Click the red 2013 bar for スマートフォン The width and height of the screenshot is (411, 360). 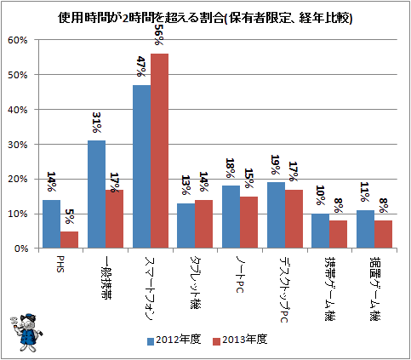point(159,151)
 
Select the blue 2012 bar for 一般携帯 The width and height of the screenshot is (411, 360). point(97,194)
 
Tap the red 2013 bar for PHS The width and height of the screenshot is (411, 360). point(69,240)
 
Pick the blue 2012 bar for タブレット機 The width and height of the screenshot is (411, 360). point(186,226)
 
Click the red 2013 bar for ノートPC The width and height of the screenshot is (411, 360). point(248,222)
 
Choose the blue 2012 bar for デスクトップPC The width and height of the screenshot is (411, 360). point(277,215)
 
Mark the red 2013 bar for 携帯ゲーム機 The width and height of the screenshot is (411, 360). point(338,234)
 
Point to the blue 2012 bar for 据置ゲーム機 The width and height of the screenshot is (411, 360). point(365,229)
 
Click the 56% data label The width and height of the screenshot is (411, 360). point(159,34)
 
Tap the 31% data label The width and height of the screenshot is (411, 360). point(97,123)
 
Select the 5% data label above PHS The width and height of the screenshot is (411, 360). point(70,216)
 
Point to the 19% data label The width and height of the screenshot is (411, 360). point(276,164)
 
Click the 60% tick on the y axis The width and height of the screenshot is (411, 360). point(18,40)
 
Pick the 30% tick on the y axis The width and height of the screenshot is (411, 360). point(18,145)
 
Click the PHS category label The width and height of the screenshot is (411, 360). point(60,264)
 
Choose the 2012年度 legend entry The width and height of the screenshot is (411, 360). point(174,340)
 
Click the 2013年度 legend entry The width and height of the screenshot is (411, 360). point(240,340)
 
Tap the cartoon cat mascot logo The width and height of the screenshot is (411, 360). point(26,332)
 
